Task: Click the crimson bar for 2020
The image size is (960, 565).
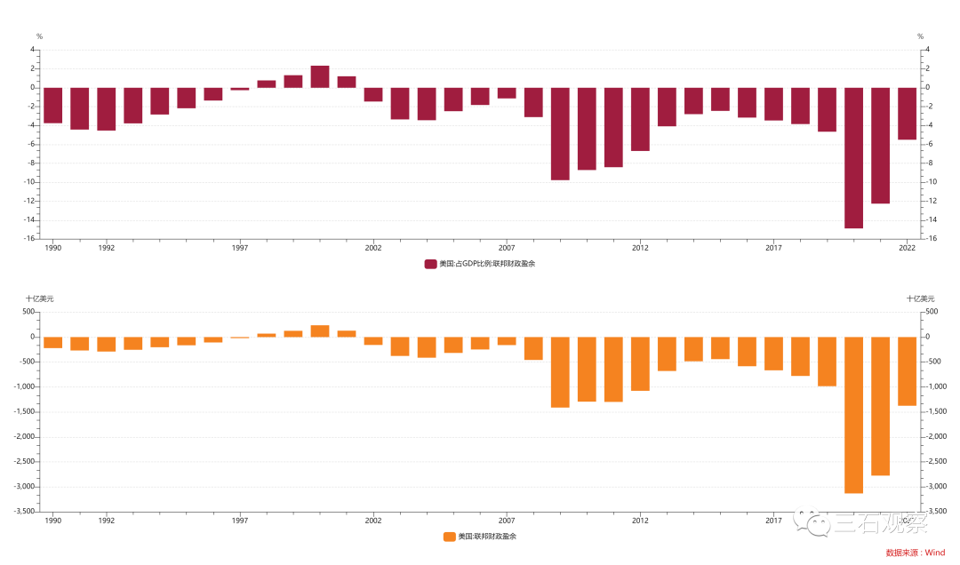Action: click(x=853, y=157)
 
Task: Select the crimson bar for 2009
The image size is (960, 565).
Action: click(x=560, y=133)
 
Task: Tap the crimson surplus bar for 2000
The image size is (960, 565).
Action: click(x=320, y=76)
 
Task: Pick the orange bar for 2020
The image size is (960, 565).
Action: click(x=853, y=414)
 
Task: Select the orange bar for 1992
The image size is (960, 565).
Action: click(x=106, y=344)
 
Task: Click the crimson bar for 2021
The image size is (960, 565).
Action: click(x=880, y=145)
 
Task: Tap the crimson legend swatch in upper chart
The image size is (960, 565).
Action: click(x=431, y=264)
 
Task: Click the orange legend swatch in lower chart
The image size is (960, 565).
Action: click(x=449, y=537)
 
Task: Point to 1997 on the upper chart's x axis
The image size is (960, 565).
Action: click(x=240, y=248)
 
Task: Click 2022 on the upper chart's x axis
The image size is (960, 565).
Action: click(x=908, y=248)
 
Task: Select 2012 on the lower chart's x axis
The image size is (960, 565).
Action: click(x=640, y=521)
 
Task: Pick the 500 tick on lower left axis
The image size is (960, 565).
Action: click(x=28, y=312)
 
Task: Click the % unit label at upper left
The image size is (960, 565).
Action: click(x=39, y=36)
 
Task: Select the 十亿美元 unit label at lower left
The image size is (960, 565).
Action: click(x=39, y=299)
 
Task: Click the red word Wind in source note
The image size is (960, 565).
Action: click(x=935, y=553)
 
